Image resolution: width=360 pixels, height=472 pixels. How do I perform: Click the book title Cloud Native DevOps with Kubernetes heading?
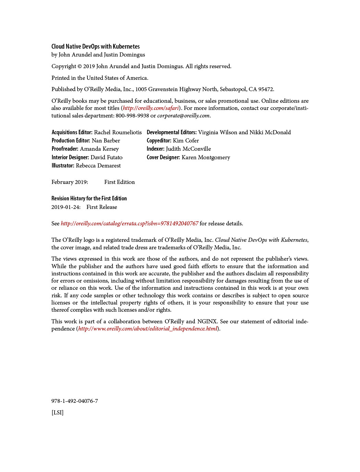pos(95,47)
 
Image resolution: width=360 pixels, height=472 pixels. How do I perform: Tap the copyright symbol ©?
pos(80,66)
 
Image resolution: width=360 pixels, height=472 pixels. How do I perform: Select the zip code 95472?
pos(266,89)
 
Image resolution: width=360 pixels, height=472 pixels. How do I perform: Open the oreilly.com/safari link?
pos(151,108)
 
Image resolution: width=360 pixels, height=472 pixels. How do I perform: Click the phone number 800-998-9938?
pos(132,116)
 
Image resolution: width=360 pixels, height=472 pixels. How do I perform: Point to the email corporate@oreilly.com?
pos(183,116)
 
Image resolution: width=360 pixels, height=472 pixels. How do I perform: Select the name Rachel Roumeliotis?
pos(118,133)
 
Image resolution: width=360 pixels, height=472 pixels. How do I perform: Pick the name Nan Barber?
pos(106,141)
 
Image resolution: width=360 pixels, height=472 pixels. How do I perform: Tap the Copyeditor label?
pos(159,141)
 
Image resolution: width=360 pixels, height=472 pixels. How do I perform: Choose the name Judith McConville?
pos(188,149)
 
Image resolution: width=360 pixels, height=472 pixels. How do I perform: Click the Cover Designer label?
pos(163,158)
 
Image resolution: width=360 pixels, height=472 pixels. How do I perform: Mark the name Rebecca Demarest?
pos(98,166)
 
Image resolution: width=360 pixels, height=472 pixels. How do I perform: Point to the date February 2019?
pos(70,182)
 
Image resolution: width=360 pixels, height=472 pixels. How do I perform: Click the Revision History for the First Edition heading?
pos(89,199)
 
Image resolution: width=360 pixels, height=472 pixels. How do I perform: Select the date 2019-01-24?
pos(66,207)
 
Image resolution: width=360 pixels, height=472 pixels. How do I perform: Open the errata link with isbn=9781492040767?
pos(129,224)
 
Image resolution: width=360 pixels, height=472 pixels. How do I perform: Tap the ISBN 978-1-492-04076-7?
pos(74,401)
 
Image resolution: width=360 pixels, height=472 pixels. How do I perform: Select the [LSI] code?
pos(57,413)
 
